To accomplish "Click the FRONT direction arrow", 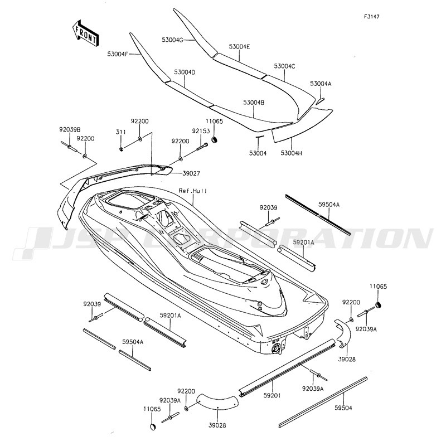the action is [85, 33].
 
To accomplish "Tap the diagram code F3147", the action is [371, 17].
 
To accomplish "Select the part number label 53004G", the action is [172, 40].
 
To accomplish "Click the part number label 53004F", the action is [118, 54].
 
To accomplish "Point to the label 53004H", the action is [291, 153].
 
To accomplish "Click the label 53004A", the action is [321, 84].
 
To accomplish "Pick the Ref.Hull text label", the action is [192, 191].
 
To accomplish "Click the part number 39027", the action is [191, 173].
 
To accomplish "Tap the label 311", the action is [121, 132].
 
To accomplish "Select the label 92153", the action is [201, 131].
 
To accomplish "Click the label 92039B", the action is [70, 129].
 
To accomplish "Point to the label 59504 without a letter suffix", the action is [343, 408].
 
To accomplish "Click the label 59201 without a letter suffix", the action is [272, 395].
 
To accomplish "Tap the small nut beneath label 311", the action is [121, 149].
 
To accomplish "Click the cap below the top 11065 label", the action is [215, 140].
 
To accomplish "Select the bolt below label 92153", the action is [202, 147].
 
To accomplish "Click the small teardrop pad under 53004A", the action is [320, 101].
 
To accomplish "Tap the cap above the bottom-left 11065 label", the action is [153, 427].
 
